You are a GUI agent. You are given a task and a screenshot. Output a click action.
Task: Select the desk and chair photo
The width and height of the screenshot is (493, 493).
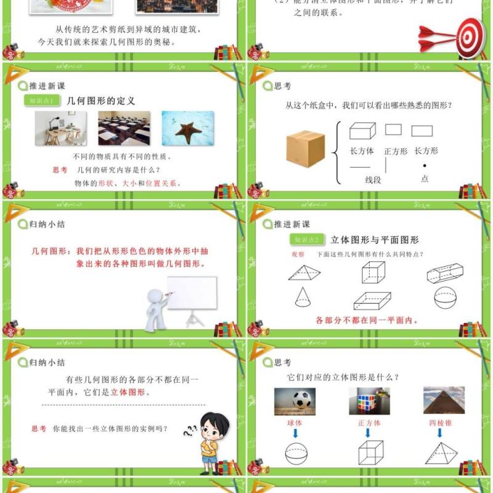point(59,128)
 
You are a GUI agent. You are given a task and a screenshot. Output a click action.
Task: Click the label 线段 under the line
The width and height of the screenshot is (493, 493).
point(373,180)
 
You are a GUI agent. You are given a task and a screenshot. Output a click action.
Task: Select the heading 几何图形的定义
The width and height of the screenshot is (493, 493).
point(100,100)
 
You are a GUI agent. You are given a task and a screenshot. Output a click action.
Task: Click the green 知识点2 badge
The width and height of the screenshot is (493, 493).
point(307,240)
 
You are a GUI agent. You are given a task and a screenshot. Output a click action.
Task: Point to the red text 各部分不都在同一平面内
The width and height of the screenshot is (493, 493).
point(367,320)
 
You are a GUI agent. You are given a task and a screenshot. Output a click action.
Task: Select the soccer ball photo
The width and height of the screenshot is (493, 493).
point(295,401)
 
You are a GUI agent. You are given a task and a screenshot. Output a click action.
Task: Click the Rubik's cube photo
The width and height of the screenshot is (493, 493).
point(369,401)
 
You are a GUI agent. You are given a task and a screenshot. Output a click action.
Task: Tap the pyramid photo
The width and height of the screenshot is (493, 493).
point(444,401)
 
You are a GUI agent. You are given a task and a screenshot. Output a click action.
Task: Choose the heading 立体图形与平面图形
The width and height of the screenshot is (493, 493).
point(374,240)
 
